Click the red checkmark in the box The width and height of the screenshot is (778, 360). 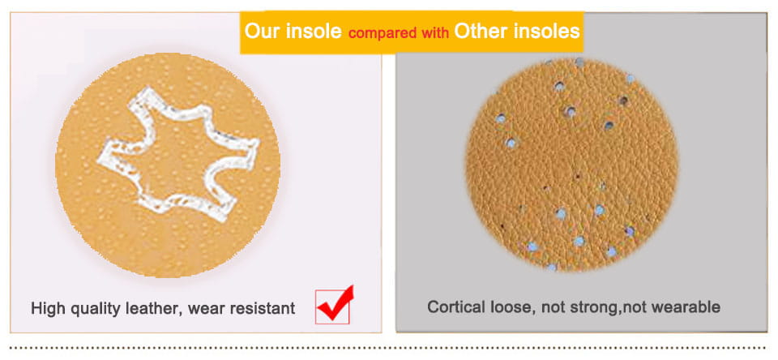point(335,304)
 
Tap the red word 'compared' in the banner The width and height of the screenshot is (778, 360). point(383,33)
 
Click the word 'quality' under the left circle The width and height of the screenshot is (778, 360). point(95,309)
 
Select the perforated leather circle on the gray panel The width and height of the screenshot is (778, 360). point(572,165)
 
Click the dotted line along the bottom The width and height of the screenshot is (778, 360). point(387,348)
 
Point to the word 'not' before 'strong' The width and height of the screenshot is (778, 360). point(552,307)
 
